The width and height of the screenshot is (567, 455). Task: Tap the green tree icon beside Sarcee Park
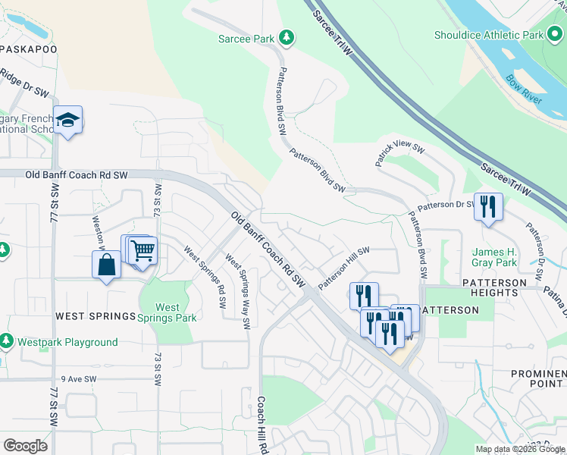287,36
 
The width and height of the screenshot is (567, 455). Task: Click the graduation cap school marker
68,121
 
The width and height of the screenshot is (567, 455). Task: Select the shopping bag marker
106,265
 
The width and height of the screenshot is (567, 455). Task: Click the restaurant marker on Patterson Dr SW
488,207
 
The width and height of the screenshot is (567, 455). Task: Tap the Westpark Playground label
67,342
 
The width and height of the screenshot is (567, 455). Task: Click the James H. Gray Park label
494,258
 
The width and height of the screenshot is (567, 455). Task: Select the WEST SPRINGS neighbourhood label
95,315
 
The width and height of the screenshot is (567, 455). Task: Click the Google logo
26,446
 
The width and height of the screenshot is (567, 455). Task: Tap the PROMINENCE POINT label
537,379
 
